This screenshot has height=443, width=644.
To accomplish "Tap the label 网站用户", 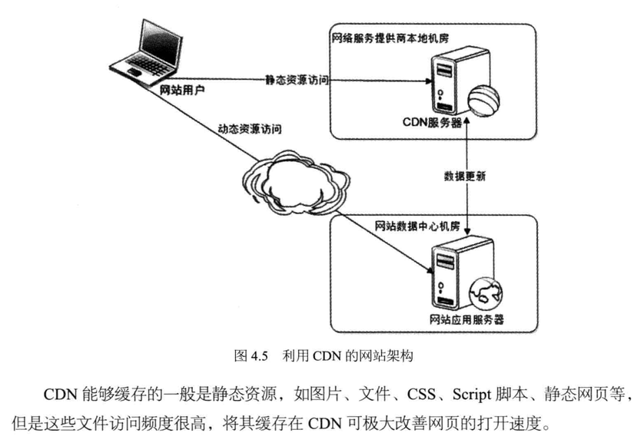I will (182, 91).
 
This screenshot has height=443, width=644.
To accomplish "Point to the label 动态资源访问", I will (250, 128).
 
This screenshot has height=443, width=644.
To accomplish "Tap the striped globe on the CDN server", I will (485, 99).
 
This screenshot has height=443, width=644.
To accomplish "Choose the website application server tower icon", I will (451, 272).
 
